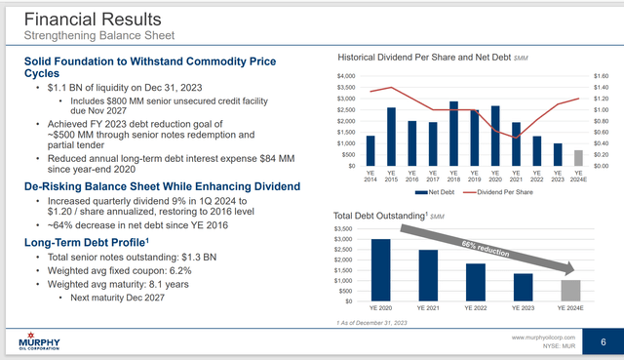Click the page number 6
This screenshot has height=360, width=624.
tap(604, 340)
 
